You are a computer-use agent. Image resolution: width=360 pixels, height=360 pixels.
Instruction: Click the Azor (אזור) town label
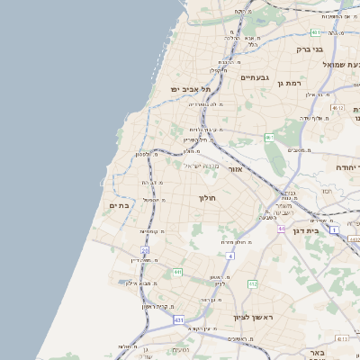(235, 168)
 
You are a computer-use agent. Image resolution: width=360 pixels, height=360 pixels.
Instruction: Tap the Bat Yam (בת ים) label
(120, 205)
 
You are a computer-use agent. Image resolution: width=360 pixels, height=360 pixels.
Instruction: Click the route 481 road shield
(316, 32)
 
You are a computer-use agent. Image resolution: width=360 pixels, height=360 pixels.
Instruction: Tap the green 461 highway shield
(268, 138)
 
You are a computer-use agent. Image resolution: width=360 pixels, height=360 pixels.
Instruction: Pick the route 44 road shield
(282, 229)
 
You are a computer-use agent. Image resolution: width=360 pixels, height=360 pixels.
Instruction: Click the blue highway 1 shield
(333, 231)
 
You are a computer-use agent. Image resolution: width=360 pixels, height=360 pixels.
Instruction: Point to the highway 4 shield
(229, 256)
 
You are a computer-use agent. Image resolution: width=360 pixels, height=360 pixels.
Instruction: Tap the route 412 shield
(253, 283)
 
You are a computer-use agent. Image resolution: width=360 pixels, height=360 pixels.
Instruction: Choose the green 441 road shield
(178, 272)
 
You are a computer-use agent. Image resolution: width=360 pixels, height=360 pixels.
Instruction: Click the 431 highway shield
(179, 319)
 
